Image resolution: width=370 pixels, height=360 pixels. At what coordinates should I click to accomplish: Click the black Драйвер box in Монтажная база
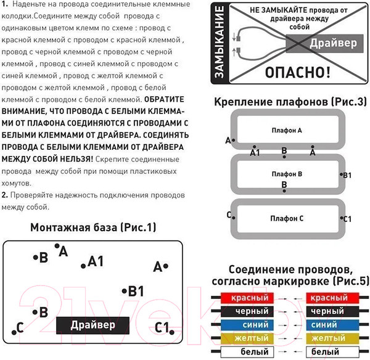[x=92, y=325]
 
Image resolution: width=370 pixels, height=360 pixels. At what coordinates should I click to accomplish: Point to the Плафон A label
[x=287, y=131]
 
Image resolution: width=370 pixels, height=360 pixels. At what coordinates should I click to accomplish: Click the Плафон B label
[x=287, y=174]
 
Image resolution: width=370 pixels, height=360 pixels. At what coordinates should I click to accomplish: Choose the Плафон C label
[x=287, y=219]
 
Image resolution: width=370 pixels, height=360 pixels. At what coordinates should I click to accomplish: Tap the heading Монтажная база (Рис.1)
[x=93, y=227]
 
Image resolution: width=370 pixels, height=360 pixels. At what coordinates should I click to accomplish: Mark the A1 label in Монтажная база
[x=96, y=261]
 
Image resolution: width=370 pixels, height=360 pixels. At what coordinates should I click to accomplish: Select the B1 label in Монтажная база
[x=136, y=291]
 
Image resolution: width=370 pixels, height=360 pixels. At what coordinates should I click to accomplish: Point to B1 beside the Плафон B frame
[x=347, y=176]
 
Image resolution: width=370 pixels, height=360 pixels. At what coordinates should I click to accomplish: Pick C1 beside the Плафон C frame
[x=347, y=219]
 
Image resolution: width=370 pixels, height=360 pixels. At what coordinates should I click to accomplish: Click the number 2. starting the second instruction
[x=4, y=195]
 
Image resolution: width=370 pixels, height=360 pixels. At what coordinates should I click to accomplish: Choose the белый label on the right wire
[x=325, y=352]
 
